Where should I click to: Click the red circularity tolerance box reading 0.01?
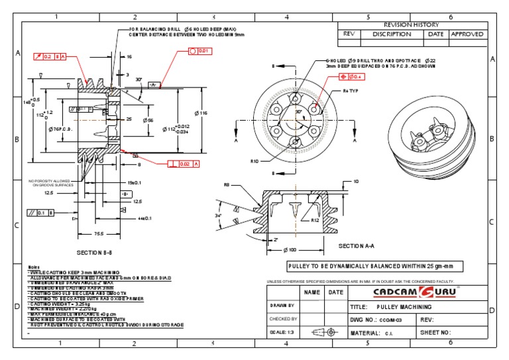pos(201,50)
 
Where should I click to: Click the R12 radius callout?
pos(315,221)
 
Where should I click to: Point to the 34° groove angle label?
pos(220,216)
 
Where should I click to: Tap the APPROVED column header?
pos(467,34)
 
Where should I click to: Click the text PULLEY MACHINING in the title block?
pos(404,308)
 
